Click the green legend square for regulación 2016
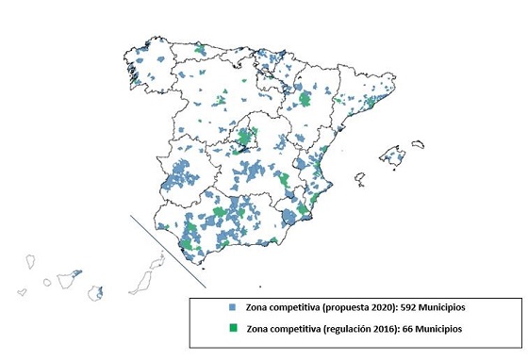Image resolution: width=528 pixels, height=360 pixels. (x=232, y=329)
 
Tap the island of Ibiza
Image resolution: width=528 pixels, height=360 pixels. (x=358, y=177)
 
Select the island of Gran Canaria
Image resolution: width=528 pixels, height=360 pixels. (x=95, y=292)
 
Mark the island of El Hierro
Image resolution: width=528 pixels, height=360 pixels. (x=23, y=293)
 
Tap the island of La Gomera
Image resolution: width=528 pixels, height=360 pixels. (x=46, y=281)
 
